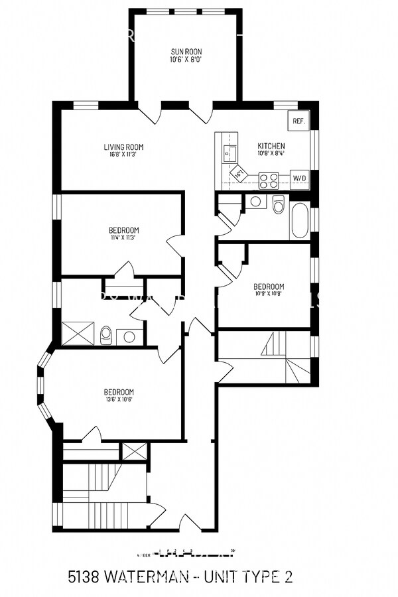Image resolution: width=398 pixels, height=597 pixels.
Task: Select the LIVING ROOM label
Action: (123, 147)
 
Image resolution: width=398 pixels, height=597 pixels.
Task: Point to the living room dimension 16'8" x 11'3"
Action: (123, 155)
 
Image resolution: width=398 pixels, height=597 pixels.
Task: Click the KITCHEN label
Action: (271, 147)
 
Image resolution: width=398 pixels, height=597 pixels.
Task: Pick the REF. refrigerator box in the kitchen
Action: (298, 121)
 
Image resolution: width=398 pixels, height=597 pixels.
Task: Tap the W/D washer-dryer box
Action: (300, 178)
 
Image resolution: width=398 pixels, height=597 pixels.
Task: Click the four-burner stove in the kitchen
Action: (268, 180)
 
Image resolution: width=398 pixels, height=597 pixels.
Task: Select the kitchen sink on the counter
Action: (229, 154)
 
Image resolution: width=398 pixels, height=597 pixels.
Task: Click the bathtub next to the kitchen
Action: (299, 221)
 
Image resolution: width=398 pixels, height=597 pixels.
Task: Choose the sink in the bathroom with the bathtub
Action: (255, 202)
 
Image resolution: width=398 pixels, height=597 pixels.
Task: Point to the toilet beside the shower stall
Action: (105, 336)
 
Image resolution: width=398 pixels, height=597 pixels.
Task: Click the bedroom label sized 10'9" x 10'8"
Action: (269, 287)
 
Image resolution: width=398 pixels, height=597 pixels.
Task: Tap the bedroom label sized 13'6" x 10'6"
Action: (119, 392)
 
